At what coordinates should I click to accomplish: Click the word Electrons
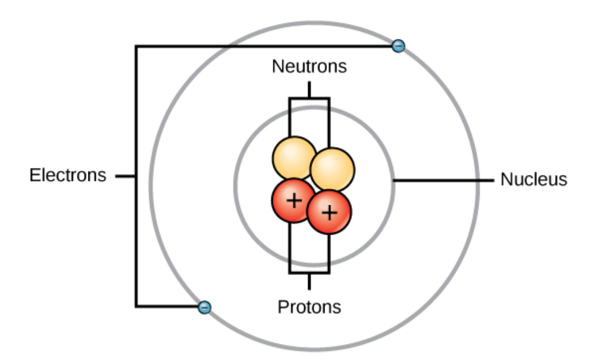(x=68, y=175)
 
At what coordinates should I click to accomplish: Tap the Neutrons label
(x=309, y=66)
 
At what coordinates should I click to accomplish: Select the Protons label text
(x=309, y=307)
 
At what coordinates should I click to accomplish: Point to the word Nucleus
(x=534, y=179)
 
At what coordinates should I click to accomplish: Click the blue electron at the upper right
(x=398, y=46)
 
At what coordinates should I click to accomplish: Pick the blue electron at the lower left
(x=204, y=308)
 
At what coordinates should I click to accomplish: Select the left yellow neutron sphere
(x=294, y=158)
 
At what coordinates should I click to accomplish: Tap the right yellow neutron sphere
(x=332, y=169)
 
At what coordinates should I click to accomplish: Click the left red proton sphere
(x=293, y=200)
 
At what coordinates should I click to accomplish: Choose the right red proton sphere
(x=329, y=212)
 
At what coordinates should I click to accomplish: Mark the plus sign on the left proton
(x=294, y=201)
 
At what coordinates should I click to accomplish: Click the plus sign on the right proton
(x=330, y=213)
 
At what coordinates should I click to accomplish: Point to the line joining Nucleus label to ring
(x=443, y=180)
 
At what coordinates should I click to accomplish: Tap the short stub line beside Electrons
(x=126, y=176)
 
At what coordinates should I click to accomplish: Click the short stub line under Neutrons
(x=309, y=90)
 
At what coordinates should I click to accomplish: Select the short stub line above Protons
(x=309, y=281)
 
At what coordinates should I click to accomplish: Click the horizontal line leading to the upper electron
(x=264, y=47)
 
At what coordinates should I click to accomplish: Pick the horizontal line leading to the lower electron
(x=167, y=306)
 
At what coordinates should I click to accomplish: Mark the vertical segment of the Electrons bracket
(x=136, y=176)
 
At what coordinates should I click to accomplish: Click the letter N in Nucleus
(x=506, y=179)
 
